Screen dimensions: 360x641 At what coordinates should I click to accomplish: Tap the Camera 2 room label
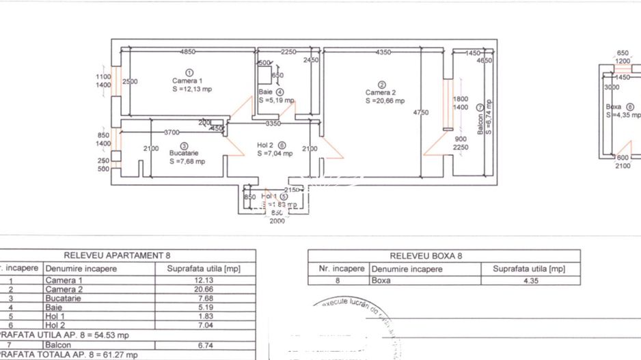pyautogui.click(x=380, y=93)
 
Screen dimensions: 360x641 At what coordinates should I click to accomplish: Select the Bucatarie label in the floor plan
pyautogui.click(x=183, y=154)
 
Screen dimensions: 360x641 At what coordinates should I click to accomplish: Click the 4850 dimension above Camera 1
pyautogui.click(x=188, y=52)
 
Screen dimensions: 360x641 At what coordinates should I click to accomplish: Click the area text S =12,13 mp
pyautogui.click(x=191, y=89)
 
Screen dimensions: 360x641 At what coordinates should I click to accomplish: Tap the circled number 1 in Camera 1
pyautogui.click(x=189, y=72)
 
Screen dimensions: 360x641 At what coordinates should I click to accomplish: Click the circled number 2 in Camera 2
pyautogui.click(x=381, y=85)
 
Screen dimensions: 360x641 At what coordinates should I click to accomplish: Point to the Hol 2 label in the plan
pyautogui.click(x=265, y=146)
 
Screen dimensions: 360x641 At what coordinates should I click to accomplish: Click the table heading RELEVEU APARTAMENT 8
pyautogui.click(x=117, y=255)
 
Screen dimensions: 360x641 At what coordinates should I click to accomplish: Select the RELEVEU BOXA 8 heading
pyautogui.click(x=426, y=256)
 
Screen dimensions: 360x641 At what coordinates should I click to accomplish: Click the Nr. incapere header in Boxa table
pyautogui.click(x=340, y=268)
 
